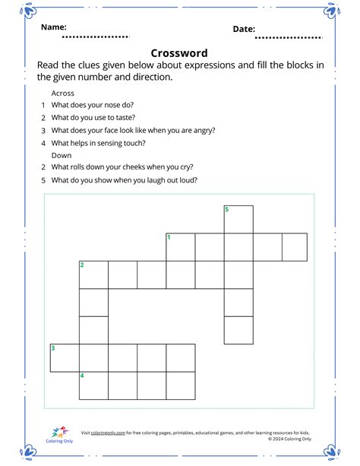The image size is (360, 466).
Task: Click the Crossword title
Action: (179, 52)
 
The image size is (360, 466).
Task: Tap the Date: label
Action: (244, 29)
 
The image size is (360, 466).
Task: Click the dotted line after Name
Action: (96, 36)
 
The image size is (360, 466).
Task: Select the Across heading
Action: (63, 91)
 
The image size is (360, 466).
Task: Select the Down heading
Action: (62, 154)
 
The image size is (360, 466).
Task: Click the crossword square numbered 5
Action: (238, 219)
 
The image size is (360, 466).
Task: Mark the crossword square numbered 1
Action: (181, 247)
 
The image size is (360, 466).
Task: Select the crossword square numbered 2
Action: (93, 274)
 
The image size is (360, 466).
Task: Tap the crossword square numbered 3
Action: (65, 357)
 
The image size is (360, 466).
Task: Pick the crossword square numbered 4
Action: (93, 385)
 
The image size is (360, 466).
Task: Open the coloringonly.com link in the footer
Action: (108, 433)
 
